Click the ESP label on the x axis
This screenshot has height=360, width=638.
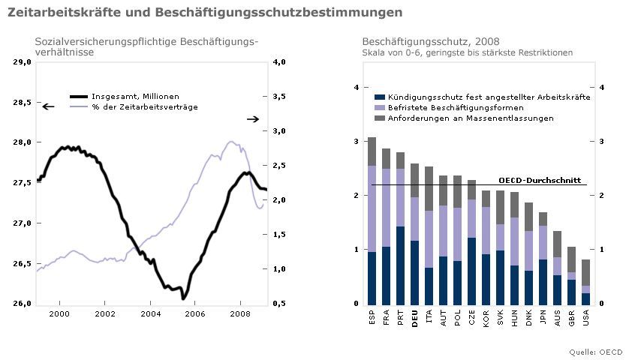[x=372, y=321]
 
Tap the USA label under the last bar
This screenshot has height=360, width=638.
[x=587, y=321]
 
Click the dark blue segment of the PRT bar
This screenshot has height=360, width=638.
[x=400, y=265]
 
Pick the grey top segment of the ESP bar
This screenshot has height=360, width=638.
[x=372, y=151]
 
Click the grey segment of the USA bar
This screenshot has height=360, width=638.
[x=587, y=272]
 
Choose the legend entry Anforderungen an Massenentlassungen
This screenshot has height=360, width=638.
[x=470, y=118]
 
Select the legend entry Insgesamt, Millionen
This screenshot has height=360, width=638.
[x=135, y=97]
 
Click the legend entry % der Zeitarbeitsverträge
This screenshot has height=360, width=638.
[x=144, y=107]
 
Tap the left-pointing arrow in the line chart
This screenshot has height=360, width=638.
[x=48, y=107]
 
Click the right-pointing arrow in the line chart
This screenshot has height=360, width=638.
[x=253, y=119]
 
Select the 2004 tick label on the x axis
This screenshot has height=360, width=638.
[x=150, y=313]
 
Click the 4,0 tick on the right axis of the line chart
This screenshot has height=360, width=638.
[x=278, y=62]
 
